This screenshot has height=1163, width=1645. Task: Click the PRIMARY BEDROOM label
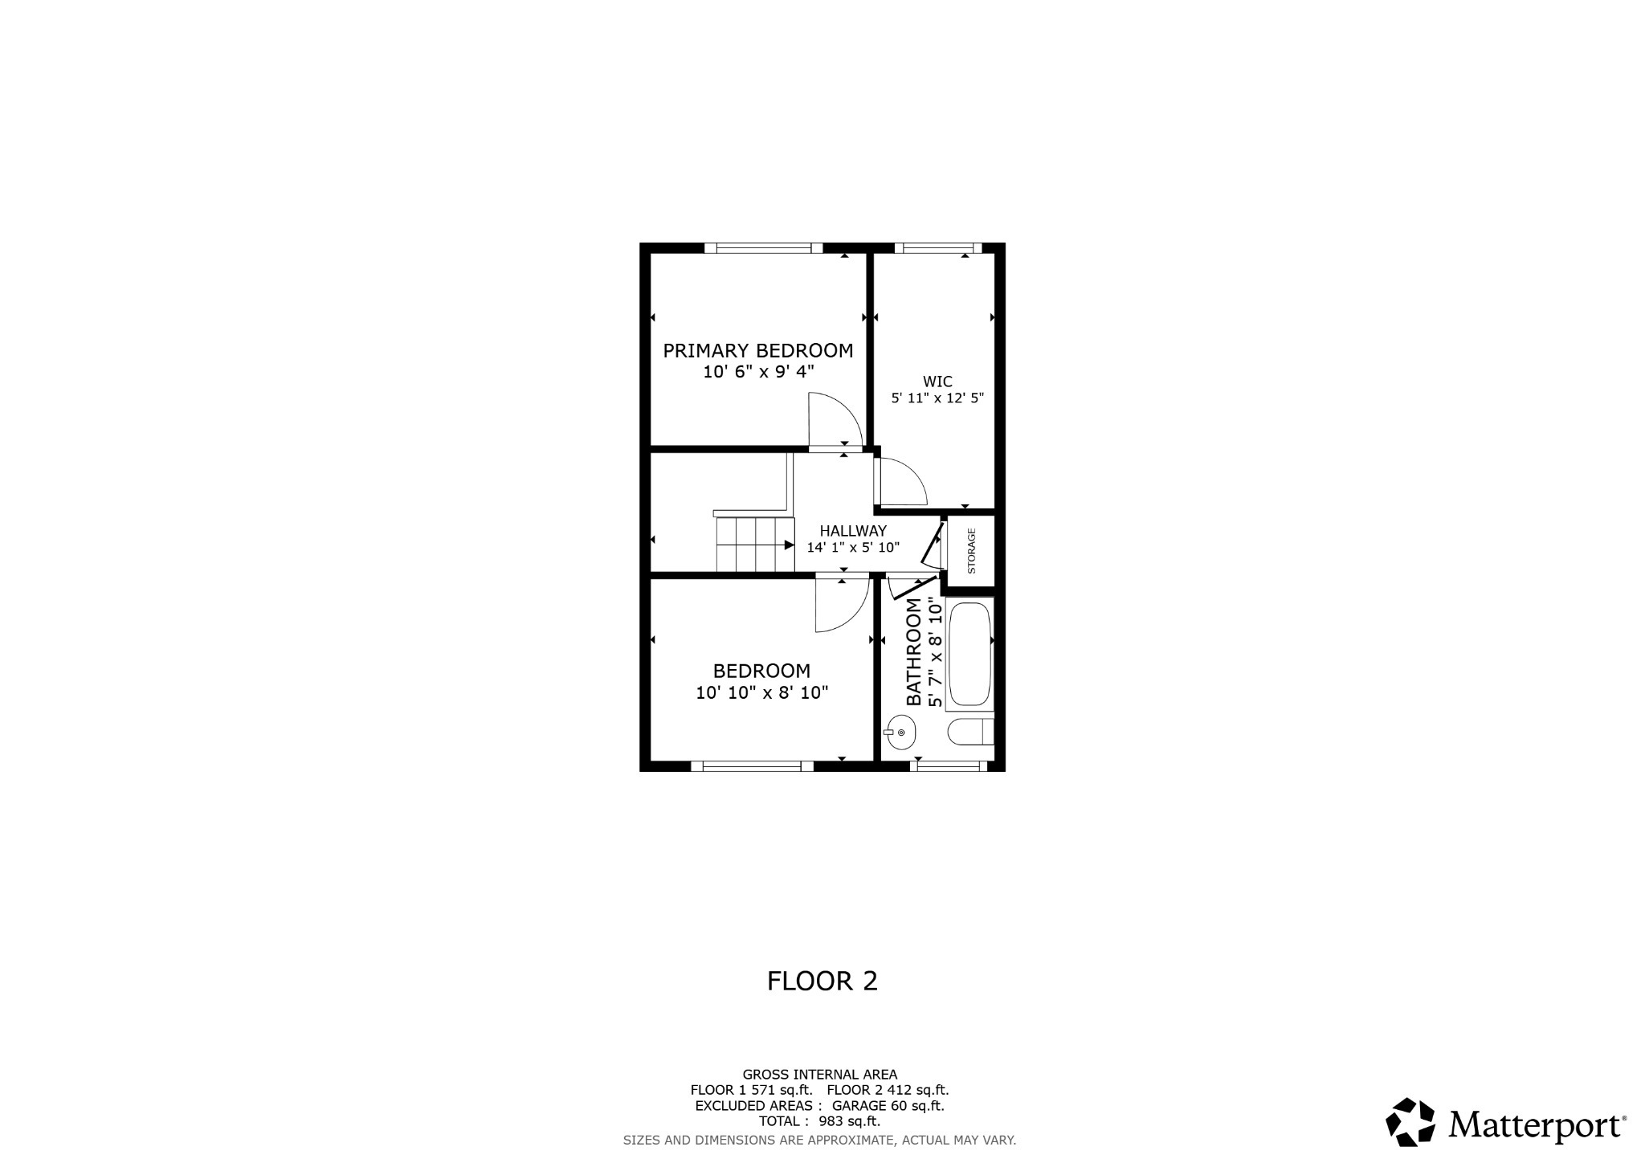point(757,351)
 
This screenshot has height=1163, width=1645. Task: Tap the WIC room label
point(937,382)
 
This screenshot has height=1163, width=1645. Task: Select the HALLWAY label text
point(853,531)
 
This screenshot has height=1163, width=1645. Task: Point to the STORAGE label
point(971,550)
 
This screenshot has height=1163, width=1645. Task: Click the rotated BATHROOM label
point(914,652)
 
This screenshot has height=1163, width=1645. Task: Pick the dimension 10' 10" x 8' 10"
point(761,692)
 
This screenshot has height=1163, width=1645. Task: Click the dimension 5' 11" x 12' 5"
point(937,398)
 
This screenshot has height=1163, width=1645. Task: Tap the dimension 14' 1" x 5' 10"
point(853,548)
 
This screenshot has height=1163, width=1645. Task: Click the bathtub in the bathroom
point(970,655)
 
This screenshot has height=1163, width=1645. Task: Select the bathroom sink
point(900,732)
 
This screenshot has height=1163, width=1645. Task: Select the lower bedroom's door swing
point(840,604)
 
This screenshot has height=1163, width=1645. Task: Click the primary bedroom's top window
point(763,248)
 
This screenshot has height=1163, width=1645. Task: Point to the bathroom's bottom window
point(949,766)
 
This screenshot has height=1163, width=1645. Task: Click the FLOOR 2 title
point(822,981)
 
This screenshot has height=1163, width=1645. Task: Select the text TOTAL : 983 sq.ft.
point(819,1121)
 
